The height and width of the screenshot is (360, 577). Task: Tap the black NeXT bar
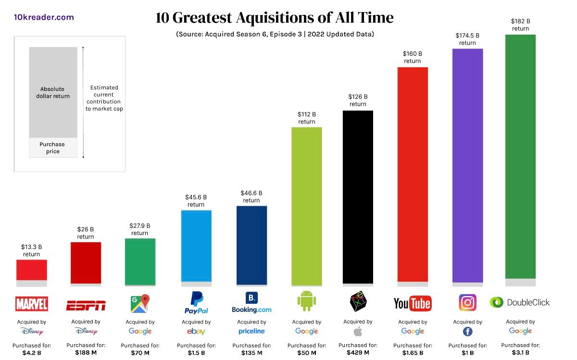click(x=358, y=197)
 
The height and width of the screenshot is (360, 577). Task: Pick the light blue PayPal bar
click(x=196, y=245)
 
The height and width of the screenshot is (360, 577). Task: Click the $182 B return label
click(x=520, y=25)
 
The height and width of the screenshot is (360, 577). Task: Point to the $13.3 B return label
click(x=32, y=250)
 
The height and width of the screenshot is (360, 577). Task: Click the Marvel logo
click(x=32, y=304)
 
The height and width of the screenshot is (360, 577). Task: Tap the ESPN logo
click(x=86, y=305)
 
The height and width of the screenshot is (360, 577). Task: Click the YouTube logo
click(x=412, y=303)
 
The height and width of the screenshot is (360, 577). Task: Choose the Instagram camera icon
click(x=467, y=303)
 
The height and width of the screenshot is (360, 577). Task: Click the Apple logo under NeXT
click(x=358, y=331)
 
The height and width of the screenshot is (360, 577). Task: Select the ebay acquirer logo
click(x=196, y=332)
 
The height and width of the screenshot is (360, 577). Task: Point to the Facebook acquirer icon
click(x=467, y=332)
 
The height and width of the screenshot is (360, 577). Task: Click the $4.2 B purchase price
click(x=32, y=353)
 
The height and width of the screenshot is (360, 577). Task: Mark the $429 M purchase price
click(x=358, y=353)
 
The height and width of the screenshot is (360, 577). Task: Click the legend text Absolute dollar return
click(x=53, y=92)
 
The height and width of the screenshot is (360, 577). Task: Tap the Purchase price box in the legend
click(x=53, y=148)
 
